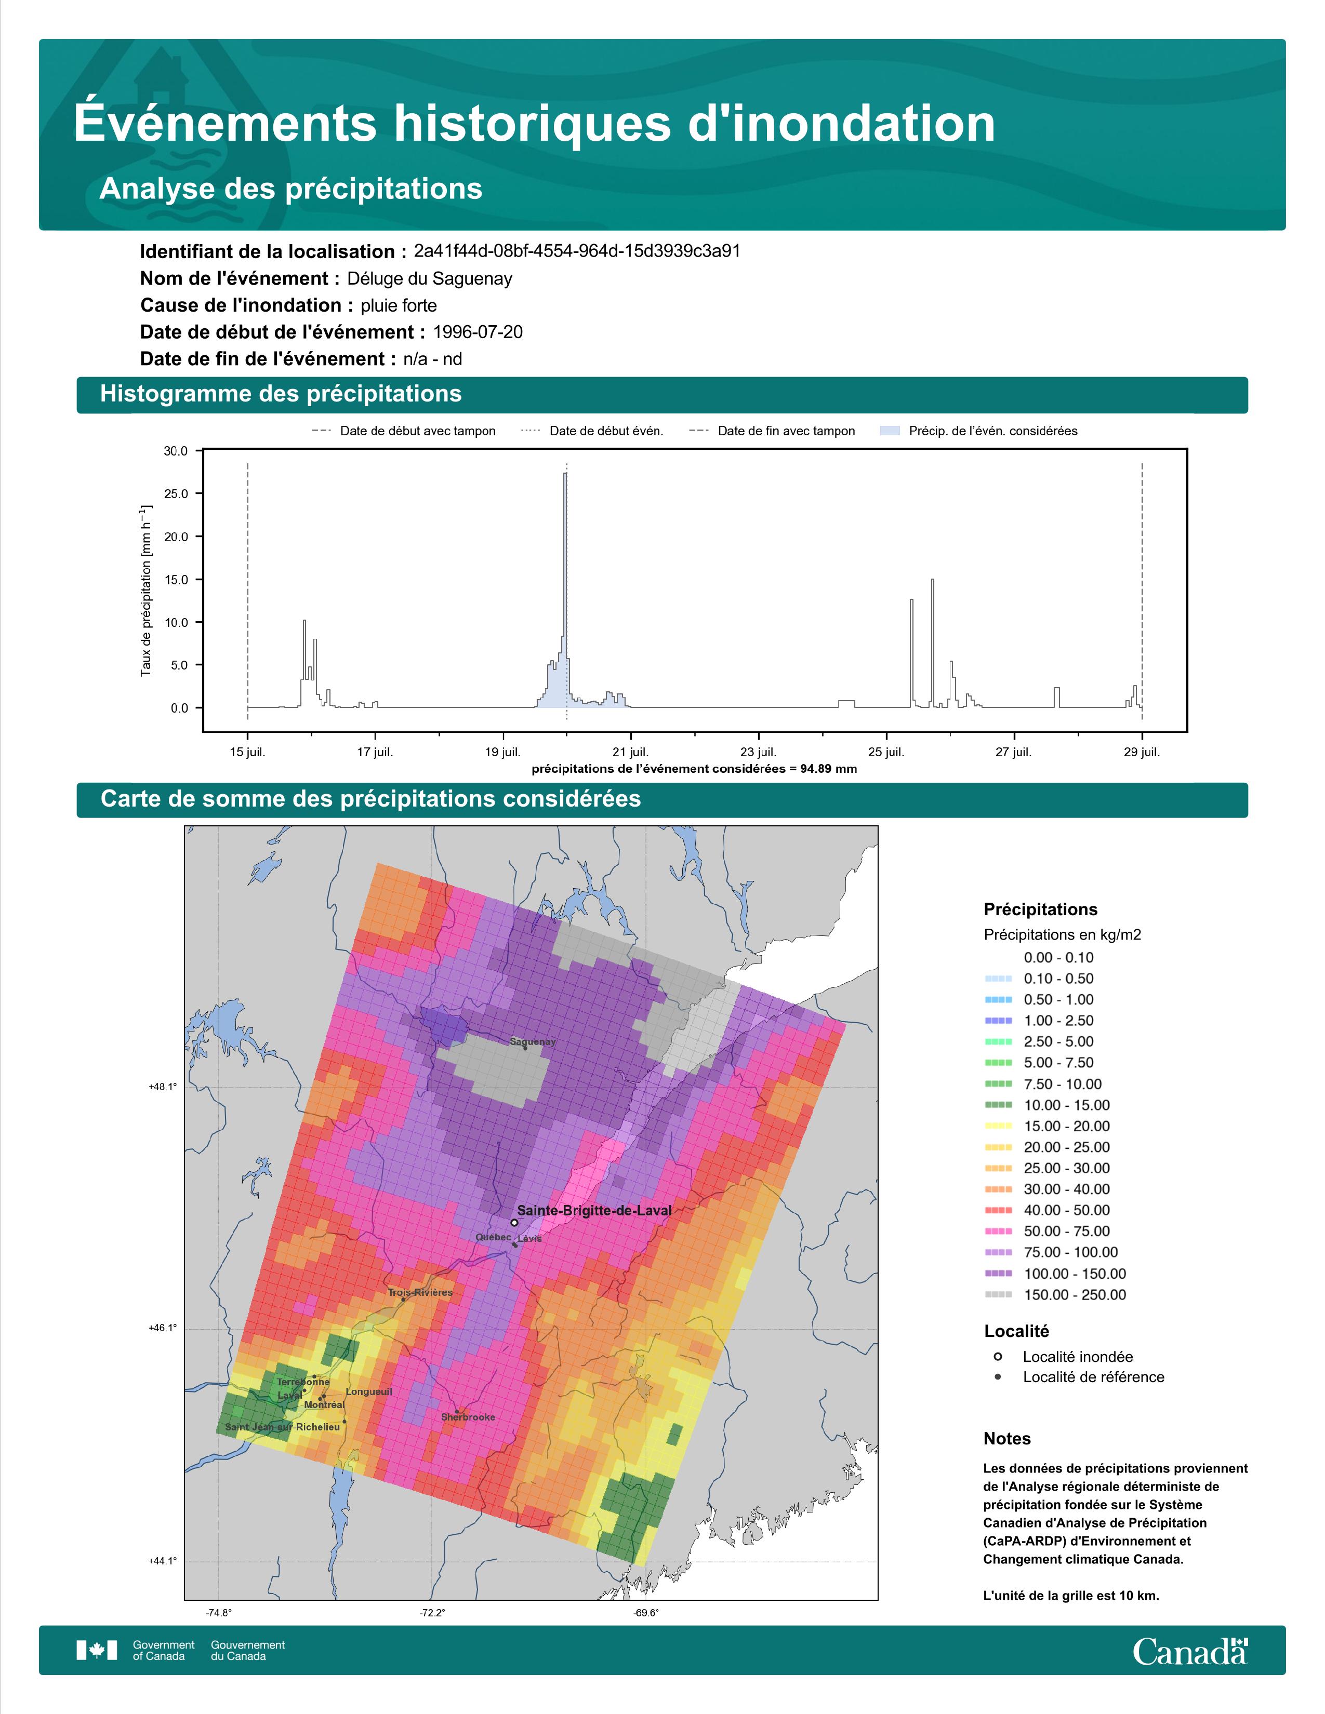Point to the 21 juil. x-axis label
point(630,752)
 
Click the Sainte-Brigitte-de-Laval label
point(594,1210)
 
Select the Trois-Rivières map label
point(420,1292)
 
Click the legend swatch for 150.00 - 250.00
point(998,1294)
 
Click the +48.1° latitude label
point(163,1087)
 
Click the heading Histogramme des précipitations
point(281,394)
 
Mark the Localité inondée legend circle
point(998,1356)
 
